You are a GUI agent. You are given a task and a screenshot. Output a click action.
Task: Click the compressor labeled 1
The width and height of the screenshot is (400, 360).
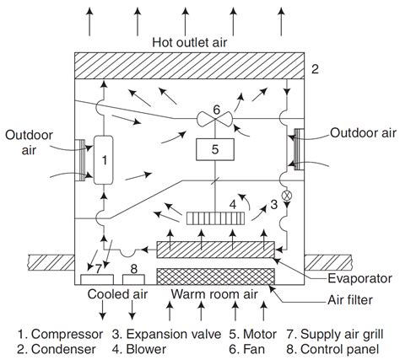click(x=106, y=159)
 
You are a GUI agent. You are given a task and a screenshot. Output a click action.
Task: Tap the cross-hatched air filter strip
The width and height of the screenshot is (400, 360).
click(x=215, y=276)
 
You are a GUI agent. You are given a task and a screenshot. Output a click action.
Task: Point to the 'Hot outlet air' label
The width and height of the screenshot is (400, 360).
click(x=191, y=41)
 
